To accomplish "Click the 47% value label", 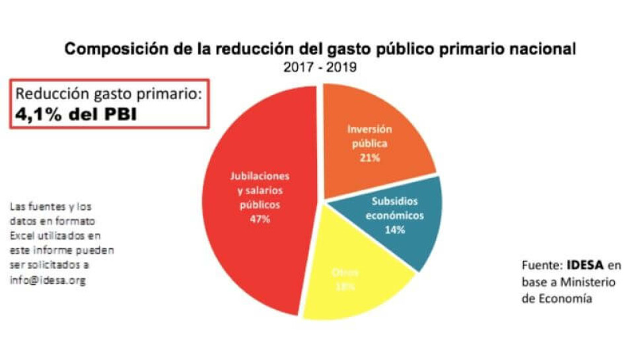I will point(260,219).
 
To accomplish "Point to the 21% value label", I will point(369,158).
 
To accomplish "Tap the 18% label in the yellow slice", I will point(345,287).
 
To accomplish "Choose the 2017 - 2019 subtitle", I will point(320,67).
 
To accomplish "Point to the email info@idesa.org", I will point(48,279).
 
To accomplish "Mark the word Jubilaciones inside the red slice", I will point(260,176).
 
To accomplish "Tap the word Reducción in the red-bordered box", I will point(48,94).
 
